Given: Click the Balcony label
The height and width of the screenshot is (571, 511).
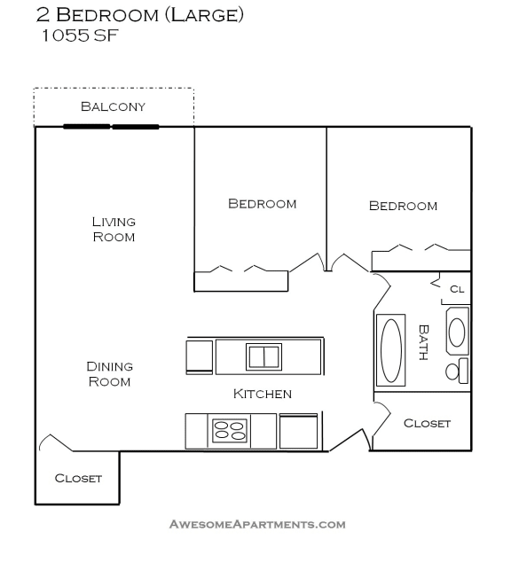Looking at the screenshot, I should (x=113, y=106).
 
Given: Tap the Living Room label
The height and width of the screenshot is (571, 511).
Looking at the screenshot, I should (x=114, y=229).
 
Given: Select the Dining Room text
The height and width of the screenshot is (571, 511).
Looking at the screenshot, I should (x=109, y=373).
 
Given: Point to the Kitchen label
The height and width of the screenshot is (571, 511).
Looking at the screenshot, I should (x=263, y=394).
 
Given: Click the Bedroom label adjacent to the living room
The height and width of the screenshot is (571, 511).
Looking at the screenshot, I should (x=263, y=203).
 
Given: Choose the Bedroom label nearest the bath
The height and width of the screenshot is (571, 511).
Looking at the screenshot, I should (x=403, y=206).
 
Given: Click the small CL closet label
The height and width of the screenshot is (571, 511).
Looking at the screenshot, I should (x=457, y=288).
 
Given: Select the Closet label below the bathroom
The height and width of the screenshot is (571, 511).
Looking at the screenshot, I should (x=427, y=423).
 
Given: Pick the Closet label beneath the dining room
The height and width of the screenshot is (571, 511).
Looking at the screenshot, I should (x=78, y=478).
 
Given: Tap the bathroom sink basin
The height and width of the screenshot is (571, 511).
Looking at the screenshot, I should (x=456, y=332).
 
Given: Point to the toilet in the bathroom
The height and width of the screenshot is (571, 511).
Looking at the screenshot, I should (x=456, y=371).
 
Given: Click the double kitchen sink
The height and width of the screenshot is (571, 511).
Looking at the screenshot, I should (x=263, y=356).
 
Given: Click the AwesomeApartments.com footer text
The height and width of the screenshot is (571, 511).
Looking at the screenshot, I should (x=257, y=524).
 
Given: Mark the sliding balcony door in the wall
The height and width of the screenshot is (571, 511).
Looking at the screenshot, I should (x=111, y=127).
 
